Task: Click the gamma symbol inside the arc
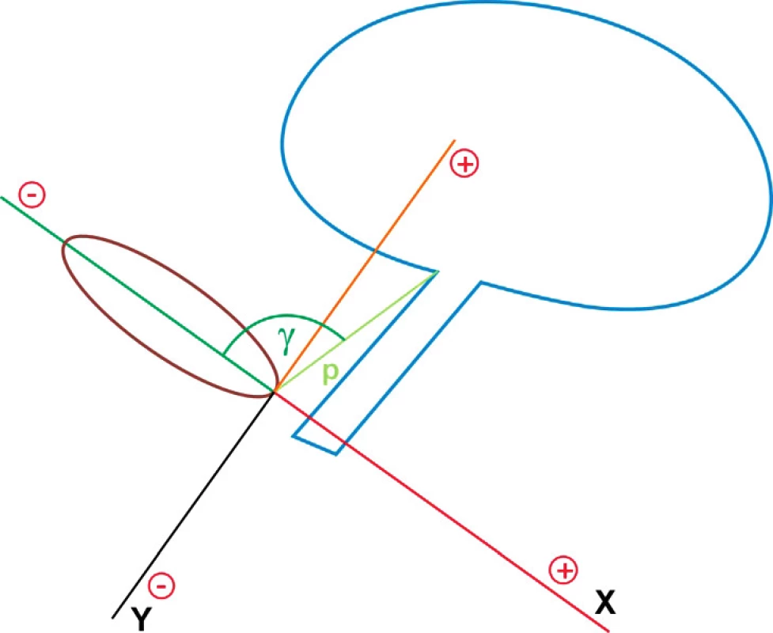click(286, 339)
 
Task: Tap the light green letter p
click(330, 373)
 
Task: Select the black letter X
click(605, 602)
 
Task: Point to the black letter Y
click(141, 619)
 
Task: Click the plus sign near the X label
click(563, 570)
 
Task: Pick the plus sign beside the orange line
click(464, 164)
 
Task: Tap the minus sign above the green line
click(32, 195)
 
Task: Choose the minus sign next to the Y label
click(161, 586)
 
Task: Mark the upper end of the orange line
click(454, 141)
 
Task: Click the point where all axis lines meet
click(274, 392)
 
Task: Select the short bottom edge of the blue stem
click(315, 445)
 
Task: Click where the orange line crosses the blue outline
click(375, 252)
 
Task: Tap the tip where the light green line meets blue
click(438, 271)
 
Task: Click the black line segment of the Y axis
click(193, 505)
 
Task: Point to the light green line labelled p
click(355, 332)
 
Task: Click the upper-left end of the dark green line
click(2, 197)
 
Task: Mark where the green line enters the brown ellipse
click(65, 242)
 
